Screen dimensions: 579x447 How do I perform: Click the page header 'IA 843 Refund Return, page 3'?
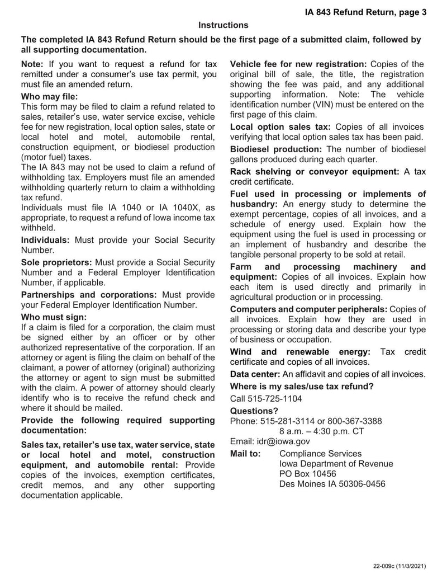point(365,11)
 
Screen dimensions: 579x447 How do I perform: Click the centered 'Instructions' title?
point(223,25)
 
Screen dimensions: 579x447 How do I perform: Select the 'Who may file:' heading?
point(49,96)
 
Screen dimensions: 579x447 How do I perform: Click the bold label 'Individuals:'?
point(45,240)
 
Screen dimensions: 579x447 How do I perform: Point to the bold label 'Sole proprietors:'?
point(57,262)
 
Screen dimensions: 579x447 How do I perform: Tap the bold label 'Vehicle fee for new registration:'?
point(298,64)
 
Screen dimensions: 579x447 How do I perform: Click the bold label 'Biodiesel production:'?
point(276,149)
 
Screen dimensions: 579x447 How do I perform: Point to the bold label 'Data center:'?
point(255,374)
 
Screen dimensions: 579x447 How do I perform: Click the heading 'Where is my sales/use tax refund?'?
point(302,386)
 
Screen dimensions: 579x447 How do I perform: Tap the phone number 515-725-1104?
point(266,399)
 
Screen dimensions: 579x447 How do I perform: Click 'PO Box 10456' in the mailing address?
point(307,474)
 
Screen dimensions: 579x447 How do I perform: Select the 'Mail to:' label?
point(245,454)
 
